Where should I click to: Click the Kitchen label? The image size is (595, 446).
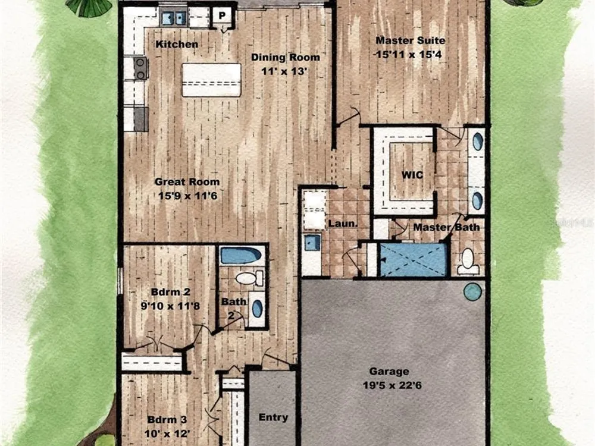click(x=177, y=45)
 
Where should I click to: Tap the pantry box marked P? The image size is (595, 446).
click(x=222, y=16)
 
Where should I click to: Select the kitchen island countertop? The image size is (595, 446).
click(x=211, y=80)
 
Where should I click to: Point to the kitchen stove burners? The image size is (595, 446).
click(x=140, y=68)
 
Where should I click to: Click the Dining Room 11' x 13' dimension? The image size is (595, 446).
click(x=283, y=71)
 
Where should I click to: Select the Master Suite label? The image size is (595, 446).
click(x=410, y=40)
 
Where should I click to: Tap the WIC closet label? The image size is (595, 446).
click(x=412, y=175)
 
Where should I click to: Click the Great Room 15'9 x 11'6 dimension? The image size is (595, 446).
click(x=187, y=196)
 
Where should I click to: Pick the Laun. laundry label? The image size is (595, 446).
click(x=343, y=224)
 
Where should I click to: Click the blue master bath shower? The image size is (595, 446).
click(x=414, y=259)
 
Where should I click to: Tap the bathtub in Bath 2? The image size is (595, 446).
click(x=240, y=256)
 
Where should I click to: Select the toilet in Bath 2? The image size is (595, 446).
click(x=249, y=278)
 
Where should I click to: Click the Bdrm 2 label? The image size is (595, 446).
click(x=170, y=292)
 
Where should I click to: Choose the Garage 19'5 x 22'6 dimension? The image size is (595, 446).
click(x=392, y=385)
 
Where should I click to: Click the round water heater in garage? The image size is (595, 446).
click(x=472, y=291)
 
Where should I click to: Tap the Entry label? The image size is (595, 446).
click(x=273, y=417)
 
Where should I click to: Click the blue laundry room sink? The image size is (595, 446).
click(x=312, y=243)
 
